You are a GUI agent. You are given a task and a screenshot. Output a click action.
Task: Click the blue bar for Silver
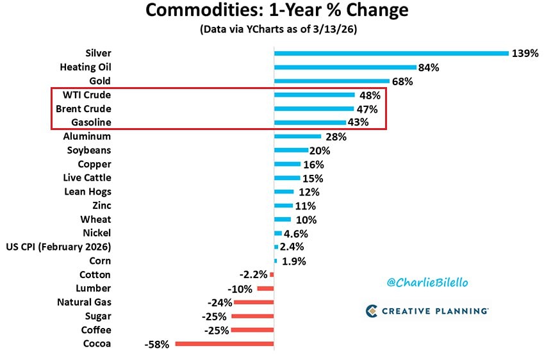click(391, 53)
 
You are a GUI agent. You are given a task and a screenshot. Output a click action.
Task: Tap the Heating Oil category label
click(85, 67)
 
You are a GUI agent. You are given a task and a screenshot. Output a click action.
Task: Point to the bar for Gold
click(331, 81)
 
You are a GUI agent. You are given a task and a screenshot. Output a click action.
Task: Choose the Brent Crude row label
click(83, 108)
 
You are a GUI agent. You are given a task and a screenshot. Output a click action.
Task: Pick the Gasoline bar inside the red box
click(309, 122)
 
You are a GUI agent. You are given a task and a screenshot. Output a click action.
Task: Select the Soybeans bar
click(292, 151)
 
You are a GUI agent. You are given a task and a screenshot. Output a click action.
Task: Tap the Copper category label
click(94, 164)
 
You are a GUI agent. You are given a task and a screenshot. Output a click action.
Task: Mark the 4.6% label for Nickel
click(296, 233)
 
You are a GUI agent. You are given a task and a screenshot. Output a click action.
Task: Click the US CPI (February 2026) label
click(58, 247)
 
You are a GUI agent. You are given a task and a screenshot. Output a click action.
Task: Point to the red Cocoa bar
click(224, 344)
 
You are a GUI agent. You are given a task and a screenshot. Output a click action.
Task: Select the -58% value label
click(157, 344)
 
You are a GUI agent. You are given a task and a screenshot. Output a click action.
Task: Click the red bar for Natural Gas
click(254, 302)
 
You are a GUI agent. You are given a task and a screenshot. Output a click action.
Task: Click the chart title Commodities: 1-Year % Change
click(276, 11)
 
